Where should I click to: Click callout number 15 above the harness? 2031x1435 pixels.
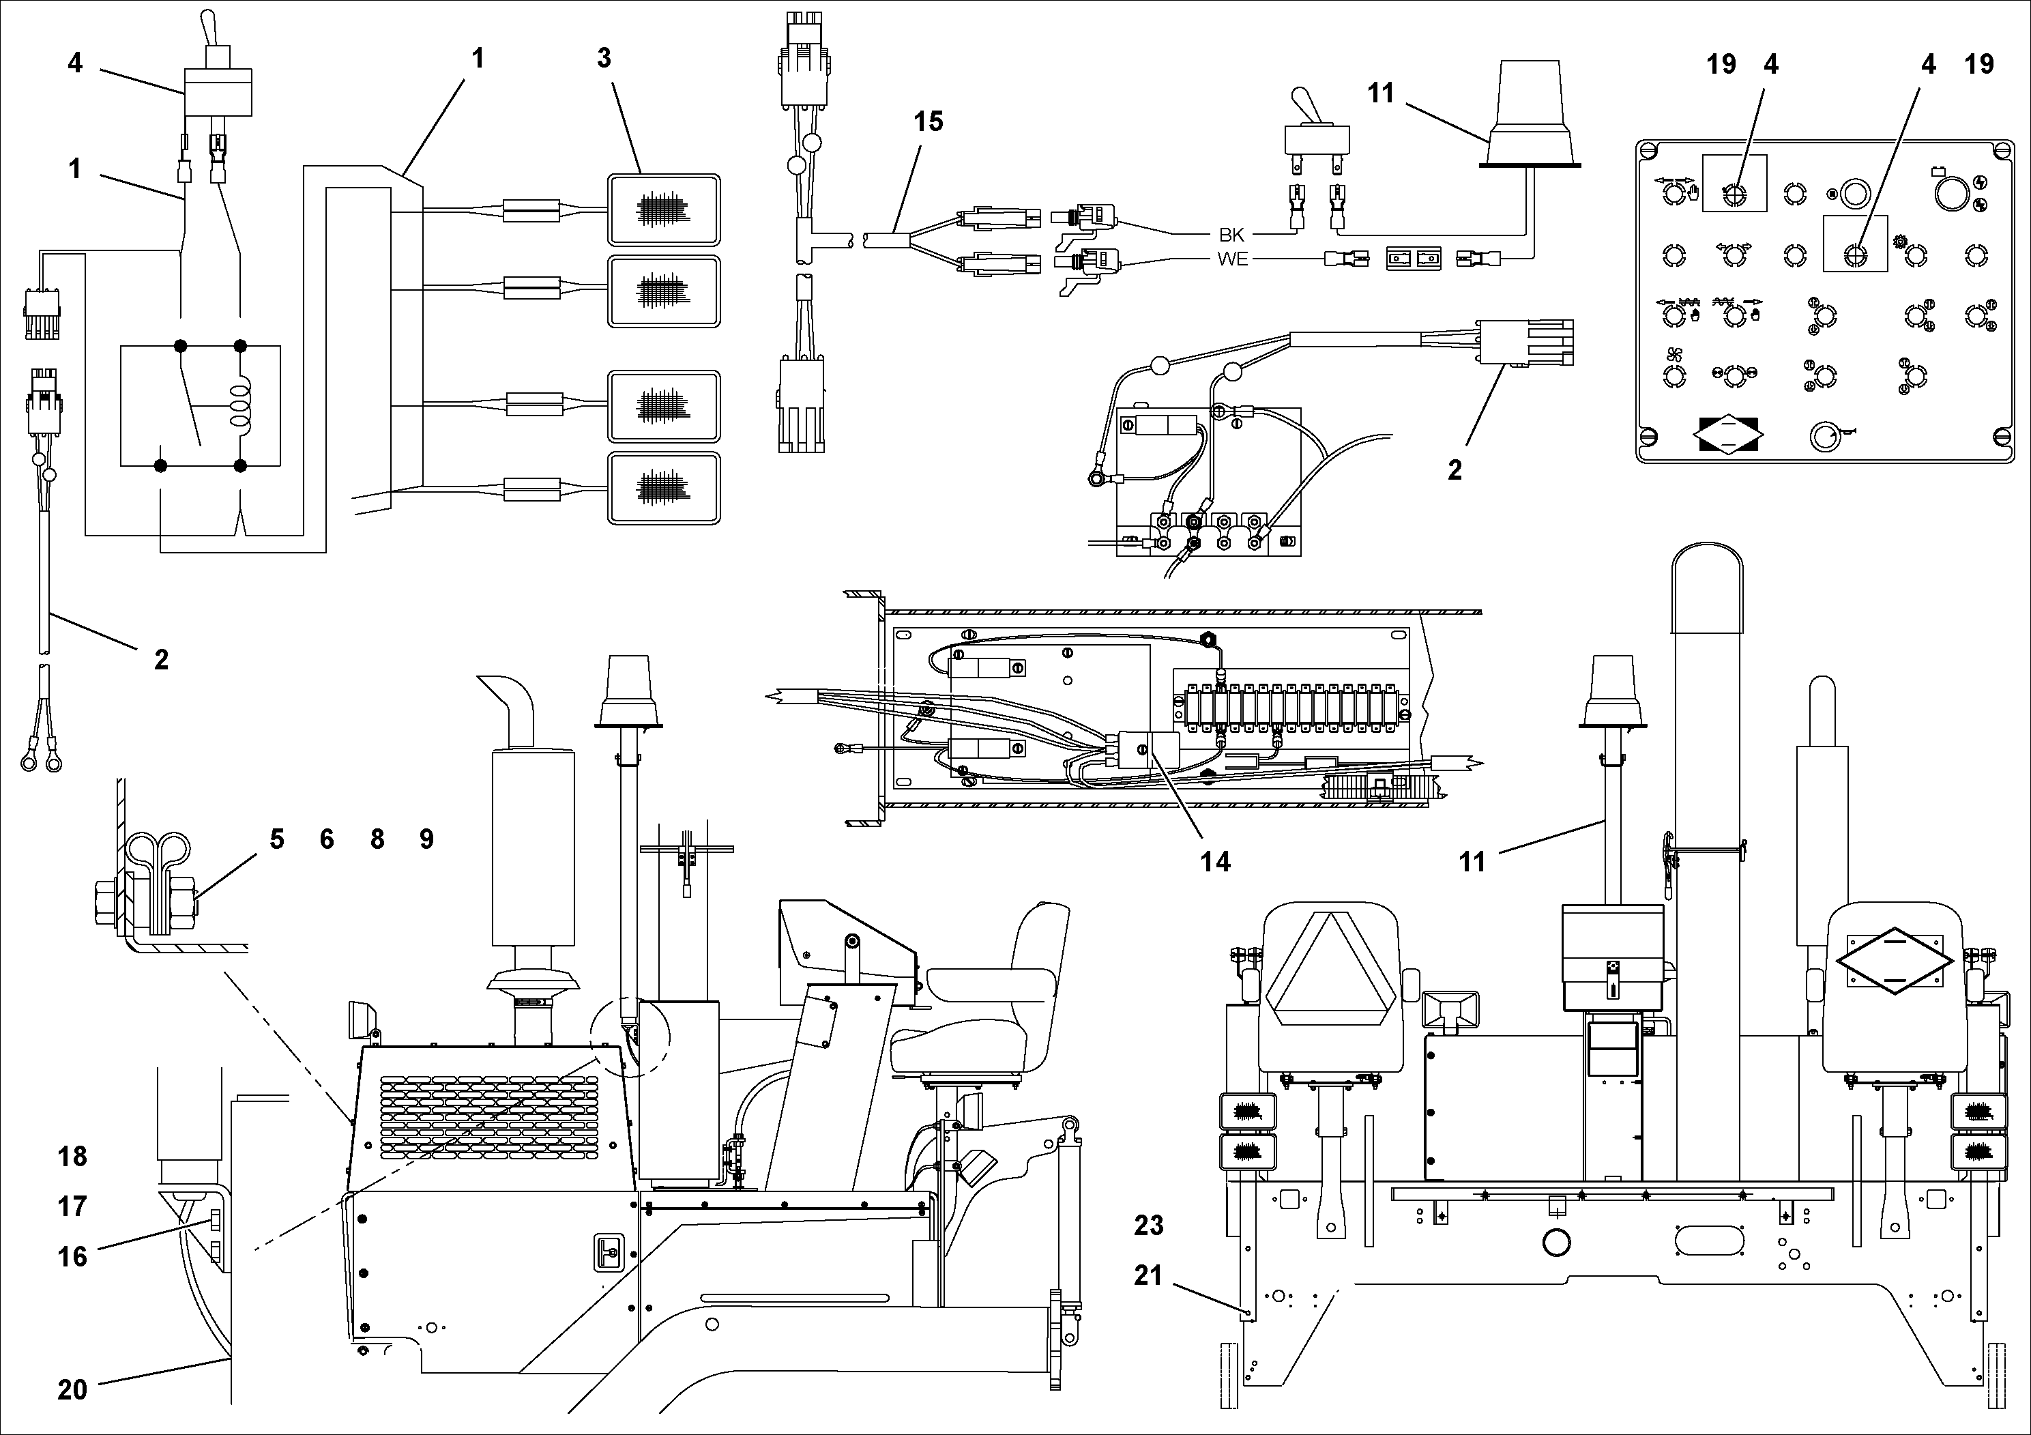pyautogui.click(x=928, y=121)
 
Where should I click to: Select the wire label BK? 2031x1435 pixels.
pyautogui.click(x=1231, y=235)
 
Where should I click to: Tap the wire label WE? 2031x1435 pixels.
pyautogui.click(x=1231, y=260)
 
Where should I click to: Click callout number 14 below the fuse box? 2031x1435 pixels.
pyautogui.click(x=1214, y=862)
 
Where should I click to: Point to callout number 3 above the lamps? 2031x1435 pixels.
pyautogui.click(x=604, y=59)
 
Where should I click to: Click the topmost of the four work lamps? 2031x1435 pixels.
pyautogui.click(x=663, y=209)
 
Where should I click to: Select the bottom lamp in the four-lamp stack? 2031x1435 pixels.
pyautogui.click(x=663, y=487)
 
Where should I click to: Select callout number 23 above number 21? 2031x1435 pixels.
pyautogui.click(x=1148, y=1226)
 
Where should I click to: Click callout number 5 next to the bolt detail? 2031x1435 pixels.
pyautogui.click(x=277, y=839)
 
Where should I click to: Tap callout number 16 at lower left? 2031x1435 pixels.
pyautogui.click(x=72, y=1256)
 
